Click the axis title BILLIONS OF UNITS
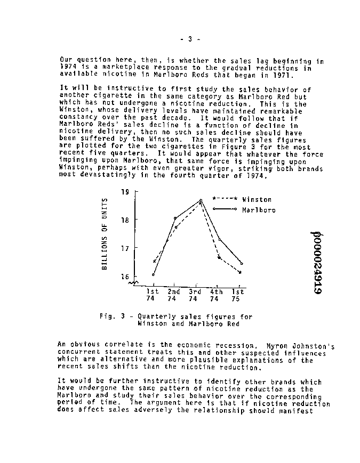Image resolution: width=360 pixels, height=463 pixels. pos(105,232)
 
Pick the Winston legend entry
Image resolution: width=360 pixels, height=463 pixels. pos(257,199)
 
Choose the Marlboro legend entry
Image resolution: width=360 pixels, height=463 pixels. pos(259,210)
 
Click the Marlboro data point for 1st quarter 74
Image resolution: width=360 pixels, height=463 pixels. pos(153,275)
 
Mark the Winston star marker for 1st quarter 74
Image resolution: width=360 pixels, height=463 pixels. pos(154,262)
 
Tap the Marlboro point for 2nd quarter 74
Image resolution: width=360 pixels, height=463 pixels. pos(175,218)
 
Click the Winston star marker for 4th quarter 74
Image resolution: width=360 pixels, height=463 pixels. pos(219,258)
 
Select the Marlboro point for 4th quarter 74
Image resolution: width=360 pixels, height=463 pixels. pos(220,240)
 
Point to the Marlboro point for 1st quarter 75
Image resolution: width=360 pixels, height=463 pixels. pos(242,263)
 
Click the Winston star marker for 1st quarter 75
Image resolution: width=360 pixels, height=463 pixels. pos(240,272)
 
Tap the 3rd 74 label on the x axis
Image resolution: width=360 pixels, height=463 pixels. pos(195,295)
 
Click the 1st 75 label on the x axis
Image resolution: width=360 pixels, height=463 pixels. pos(237,295)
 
